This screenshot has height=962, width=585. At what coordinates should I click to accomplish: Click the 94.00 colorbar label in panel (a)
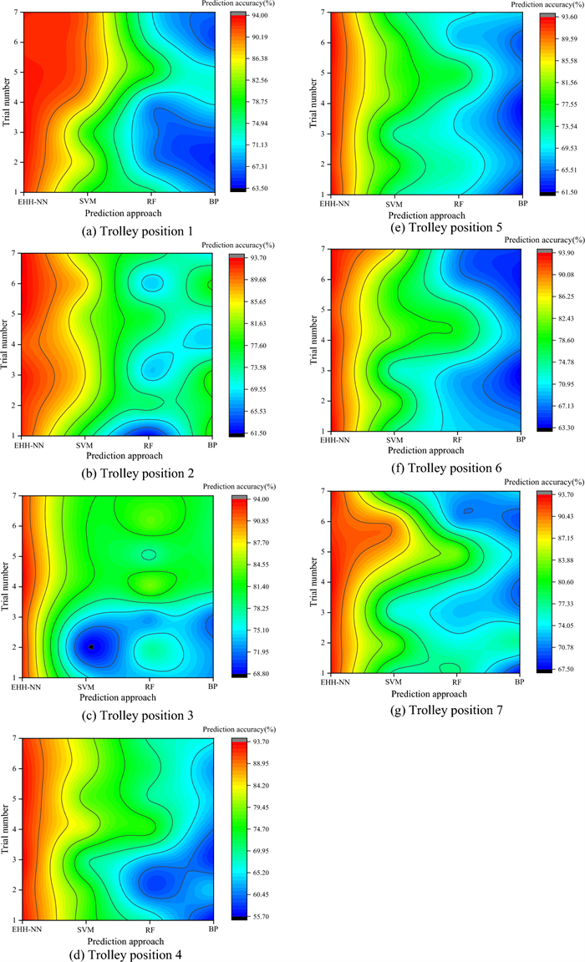click(x=257, y=16)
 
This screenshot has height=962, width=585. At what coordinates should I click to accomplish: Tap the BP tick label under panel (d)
click(x=213, y=929)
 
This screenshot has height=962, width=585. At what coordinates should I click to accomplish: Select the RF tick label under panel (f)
click(x=457, y=438)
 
